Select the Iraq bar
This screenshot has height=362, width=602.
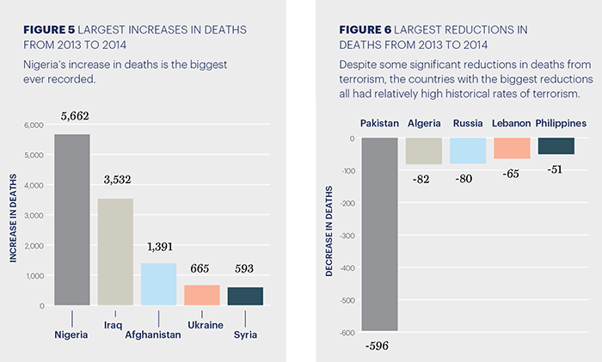click(x=114, y=251)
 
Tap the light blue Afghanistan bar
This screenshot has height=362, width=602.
click(x=157, y=284)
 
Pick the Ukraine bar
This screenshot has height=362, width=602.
click(x=201, y=295)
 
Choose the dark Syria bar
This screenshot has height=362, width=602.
click(x=245, y=296)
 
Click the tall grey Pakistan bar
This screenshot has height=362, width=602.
click(x=379, y=234)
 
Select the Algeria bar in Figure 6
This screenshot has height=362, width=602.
click(x=423, y=150)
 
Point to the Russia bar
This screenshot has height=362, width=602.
click(x=468, y=150)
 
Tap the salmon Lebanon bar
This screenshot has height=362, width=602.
click(x=512, y=148)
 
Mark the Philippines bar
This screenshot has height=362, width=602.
click(x=556, y=146)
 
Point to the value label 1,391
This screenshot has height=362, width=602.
click(x=158, y=246)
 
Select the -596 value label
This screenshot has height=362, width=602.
click(x=379, y=346)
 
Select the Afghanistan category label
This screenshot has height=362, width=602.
click(x=154, y=335)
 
